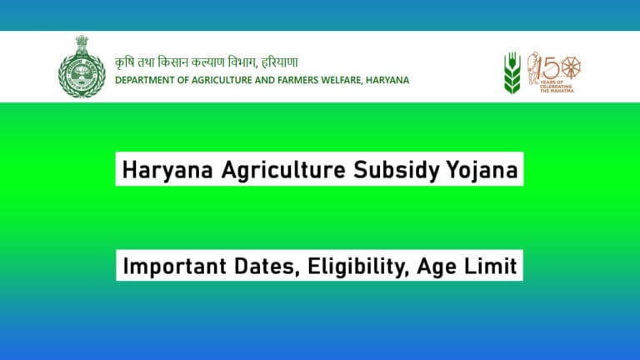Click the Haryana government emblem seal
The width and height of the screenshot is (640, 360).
point(82,67)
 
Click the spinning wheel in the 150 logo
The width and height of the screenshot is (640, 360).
point(570,66)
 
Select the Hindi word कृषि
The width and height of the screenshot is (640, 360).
point(126,62)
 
